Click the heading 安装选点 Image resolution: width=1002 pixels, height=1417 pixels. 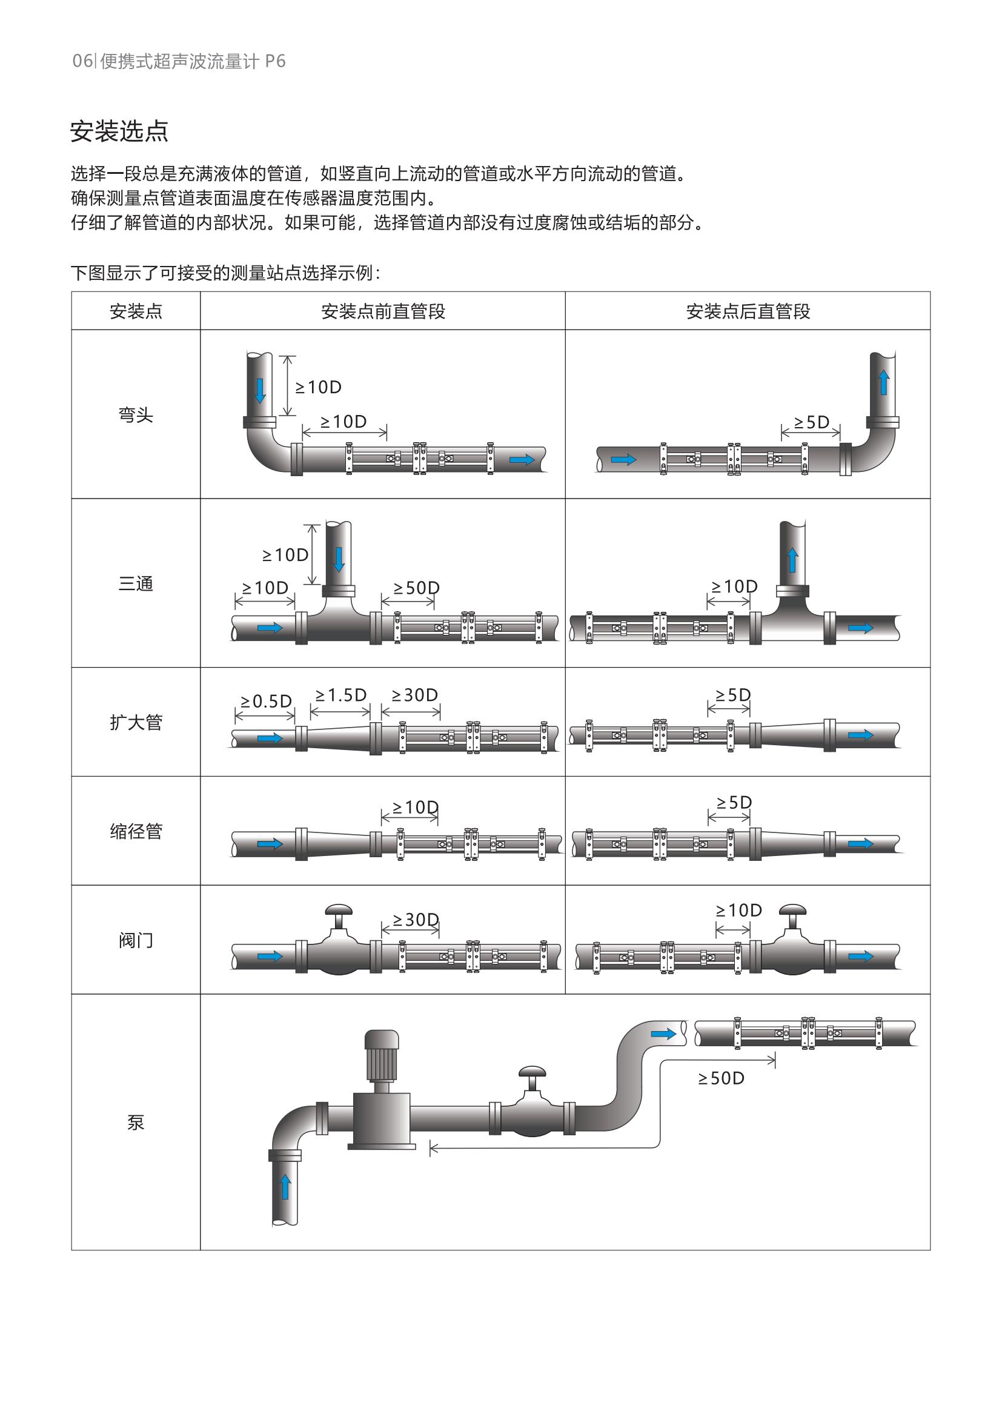coord(119,131)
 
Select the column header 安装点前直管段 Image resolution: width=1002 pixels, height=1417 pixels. coord(382,311)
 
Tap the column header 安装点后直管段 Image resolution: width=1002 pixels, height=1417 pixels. coord(748,311)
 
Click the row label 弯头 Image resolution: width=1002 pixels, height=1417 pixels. coord(136,415)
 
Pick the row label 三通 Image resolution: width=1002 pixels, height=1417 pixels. coord(136,583)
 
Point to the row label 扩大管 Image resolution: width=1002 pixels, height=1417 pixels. coord(136,722)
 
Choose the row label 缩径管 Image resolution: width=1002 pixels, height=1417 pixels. coord(136,831)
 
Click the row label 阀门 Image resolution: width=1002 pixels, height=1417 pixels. coord(136,941)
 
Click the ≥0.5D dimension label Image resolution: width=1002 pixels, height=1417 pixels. coord(266,701)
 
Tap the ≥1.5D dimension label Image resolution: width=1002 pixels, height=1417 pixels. coord(340,695)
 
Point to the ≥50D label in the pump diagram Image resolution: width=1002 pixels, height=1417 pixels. coord(721,1078)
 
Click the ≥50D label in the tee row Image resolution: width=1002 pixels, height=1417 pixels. coord(416,588)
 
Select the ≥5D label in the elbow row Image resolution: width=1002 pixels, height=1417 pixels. coord(811,422)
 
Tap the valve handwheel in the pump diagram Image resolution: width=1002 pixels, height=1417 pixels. coord(532,1072)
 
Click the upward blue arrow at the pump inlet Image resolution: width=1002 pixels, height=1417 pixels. coord(285,1186)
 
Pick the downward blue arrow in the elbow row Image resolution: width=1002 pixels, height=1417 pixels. coord(260,390)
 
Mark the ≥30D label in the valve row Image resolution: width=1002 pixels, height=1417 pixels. coord(415,920)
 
